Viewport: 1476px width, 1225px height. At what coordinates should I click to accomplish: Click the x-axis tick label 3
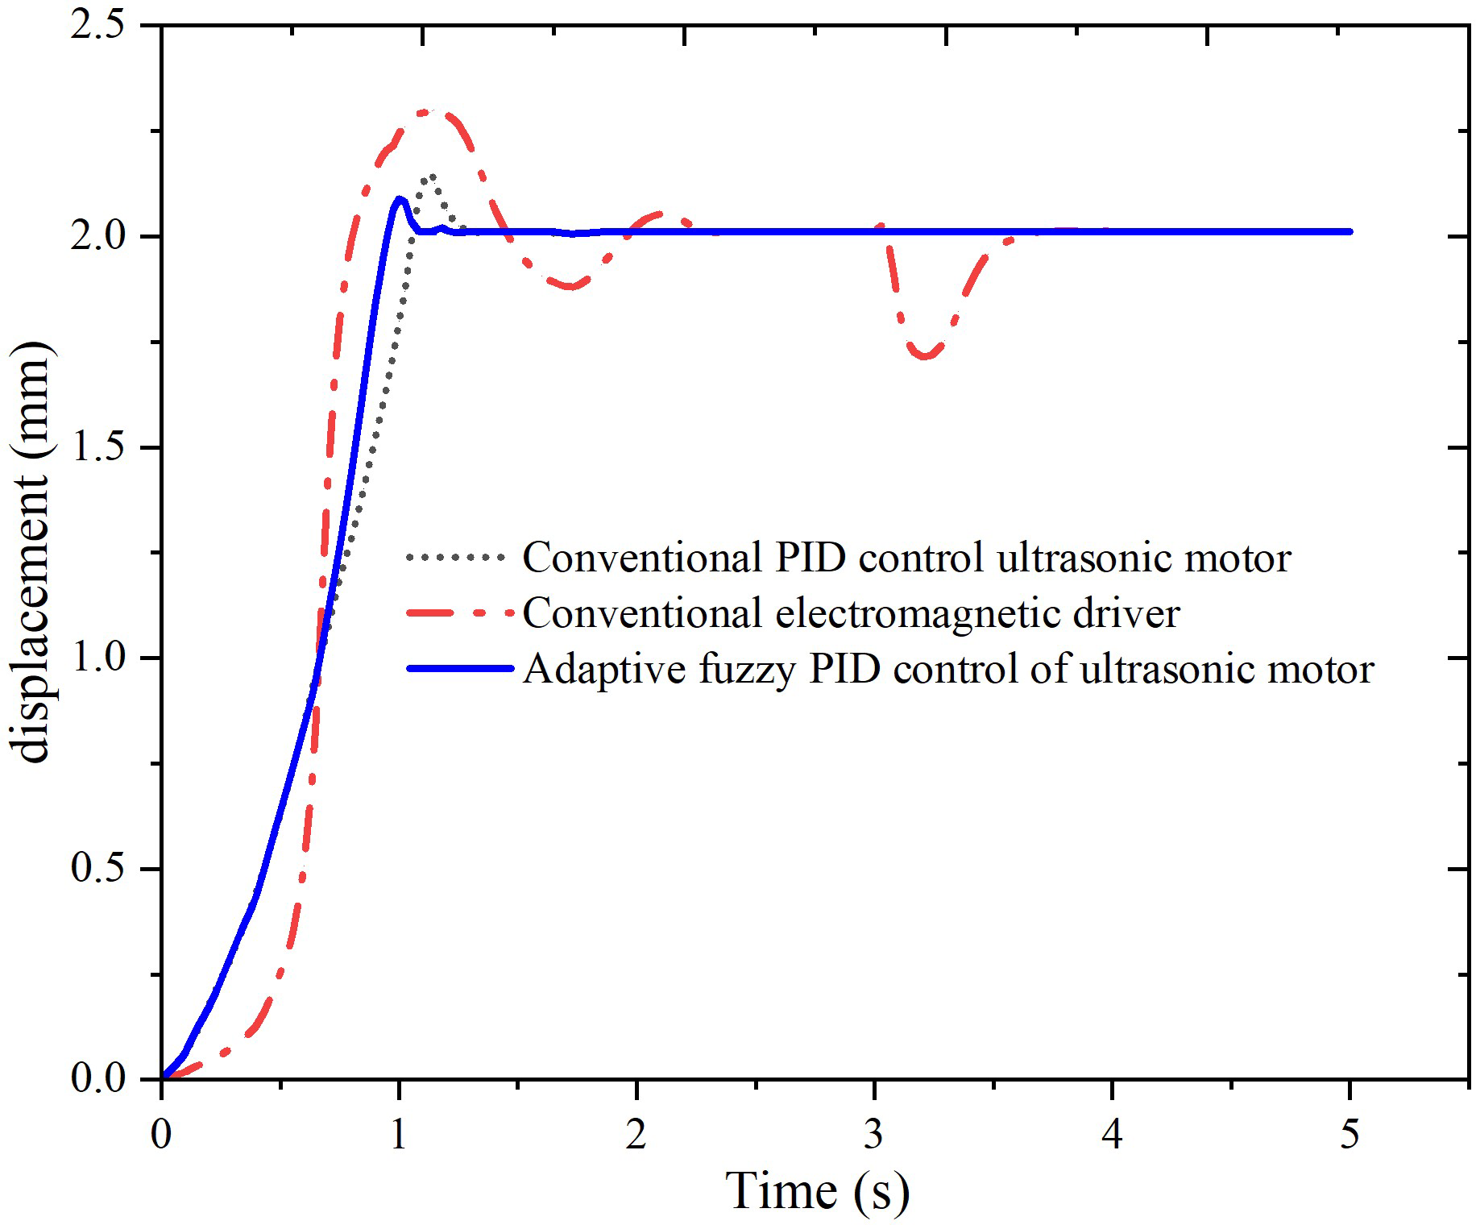point(874,1135)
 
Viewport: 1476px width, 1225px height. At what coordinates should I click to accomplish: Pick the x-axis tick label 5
point(1350,1135)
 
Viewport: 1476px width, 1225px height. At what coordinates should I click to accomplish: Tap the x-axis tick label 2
point(636,1135)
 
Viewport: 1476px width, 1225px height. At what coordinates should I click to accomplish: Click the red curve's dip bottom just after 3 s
point(926,355)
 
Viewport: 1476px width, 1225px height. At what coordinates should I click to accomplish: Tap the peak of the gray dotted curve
point(433,176)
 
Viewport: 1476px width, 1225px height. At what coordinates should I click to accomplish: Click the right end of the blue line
point(1350,231)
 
